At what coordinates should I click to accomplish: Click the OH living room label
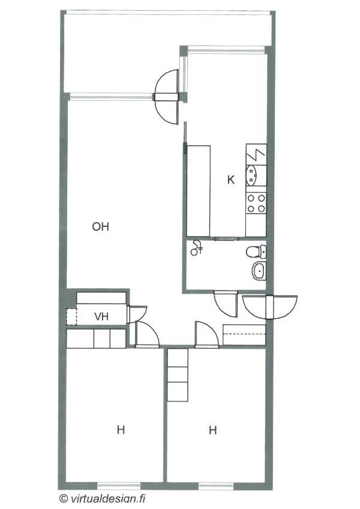(101, 226)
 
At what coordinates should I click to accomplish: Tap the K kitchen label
(231, 179)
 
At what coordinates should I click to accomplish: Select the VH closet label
(101, 316)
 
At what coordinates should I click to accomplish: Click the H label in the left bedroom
(121, 430)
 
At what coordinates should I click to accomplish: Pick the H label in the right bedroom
(212, 430)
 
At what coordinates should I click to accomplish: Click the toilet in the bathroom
(256, 251)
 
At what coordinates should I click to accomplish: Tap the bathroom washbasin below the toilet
(259, 270)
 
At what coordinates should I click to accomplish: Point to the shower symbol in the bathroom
(197, 248)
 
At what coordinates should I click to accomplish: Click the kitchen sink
(252, 175)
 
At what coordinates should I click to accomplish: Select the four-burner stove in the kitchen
(256, 202)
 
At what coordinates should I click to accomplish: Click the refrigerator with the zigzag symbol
(256, 154)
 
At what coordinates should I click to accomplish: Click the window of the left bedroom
(119, 486)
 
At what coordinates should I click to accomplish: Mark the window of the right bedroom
(216, 486)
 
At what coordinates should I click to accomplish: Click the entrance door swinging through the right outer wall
(270, 307)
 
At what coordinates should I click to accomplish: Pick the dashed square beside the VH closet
(71, 316)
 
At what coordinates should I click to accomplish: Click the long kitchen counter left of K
(199, 191)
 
